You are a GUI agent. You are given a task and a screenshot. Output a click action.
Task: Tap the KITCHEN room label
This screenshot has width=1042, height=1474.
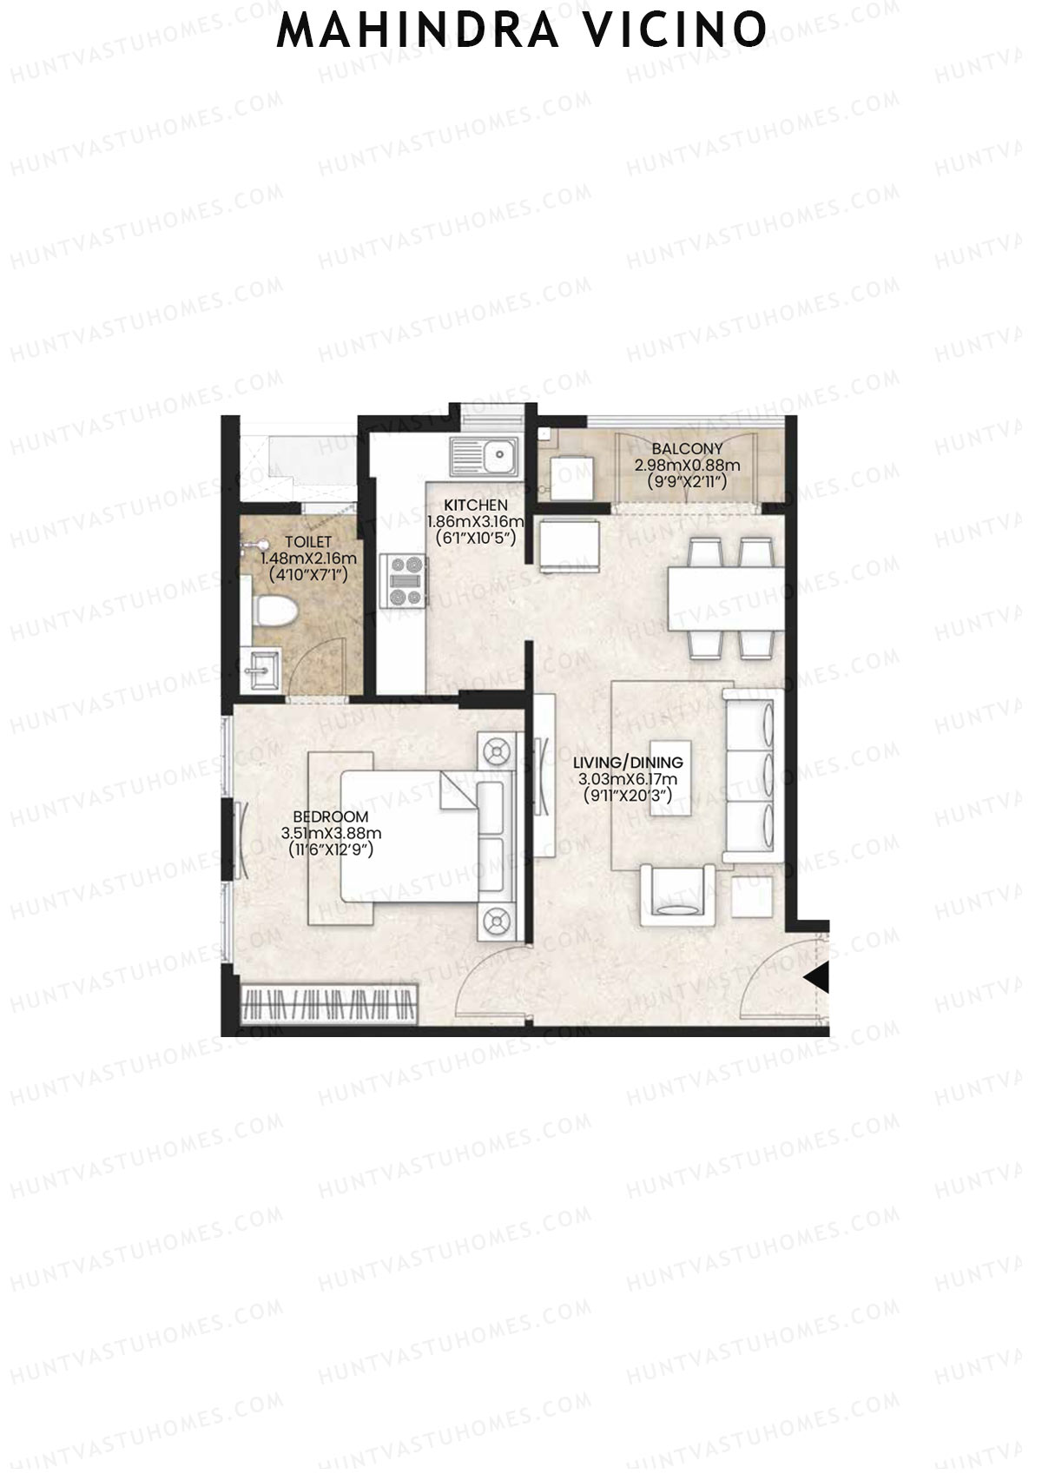pyautogui.click(x=476, y=506)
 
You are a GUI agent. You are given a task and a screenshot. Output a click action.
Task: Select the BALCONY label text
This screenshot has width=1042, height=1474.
pyautogui.click(x=687, y=449)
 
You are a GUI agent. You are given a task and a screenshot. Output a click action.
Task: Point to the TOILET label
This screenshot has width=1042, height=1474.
pyautogui.click(x=308, y=542)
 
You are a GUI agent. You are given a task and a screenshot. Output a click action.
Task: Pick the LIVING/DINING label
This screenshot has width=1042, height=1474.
pyautogui.click(x=628, y=763)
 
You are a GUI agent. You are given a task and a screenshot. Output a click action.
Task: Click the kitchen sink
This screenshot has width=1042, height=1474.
pyautogui.click(x=484, y=457)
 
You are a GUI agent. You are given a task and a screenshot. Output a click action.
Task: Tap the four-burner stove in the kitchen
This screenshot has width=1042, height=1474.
pyautogui.click(x=403, y=581)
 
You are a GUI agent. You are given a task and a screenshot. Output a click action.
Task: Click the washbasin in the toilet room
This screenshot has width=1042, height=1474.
pyautogui.click(x=261, y=668)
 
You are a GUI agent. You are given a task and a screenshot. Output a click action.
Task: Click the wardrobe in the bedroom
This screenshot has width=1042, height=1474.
pyautogui.click(x=330, y=1005)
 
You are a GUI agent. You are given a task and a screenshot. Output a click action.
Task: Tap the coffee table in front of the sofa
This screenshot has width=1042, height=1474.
pyautogui.click(x=670, y=777)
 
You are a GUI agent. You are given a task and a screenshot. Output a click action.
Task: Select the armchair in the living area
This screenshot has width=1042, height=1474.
pyautogui.click(x=677, y=896)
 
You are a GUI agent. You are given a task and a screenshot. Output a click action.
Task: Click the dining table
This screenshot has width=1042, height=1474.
pyautogui.click(x=726, y=598)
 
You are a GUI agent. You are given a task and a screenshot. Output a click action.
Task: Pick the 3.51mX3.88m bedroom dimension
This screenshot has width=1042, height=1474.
pyautogui.click(x=331, y=833)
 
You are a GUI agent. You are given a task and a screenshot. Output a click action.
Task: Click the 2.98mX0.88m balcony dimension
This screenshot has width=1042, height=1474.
pyautogui.click(x=687, y=466)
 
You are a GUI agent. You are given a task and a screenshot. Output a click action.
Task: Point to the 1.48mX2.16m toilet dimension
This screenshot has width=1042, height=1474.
pyautogui.click(x=308, y=559)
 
